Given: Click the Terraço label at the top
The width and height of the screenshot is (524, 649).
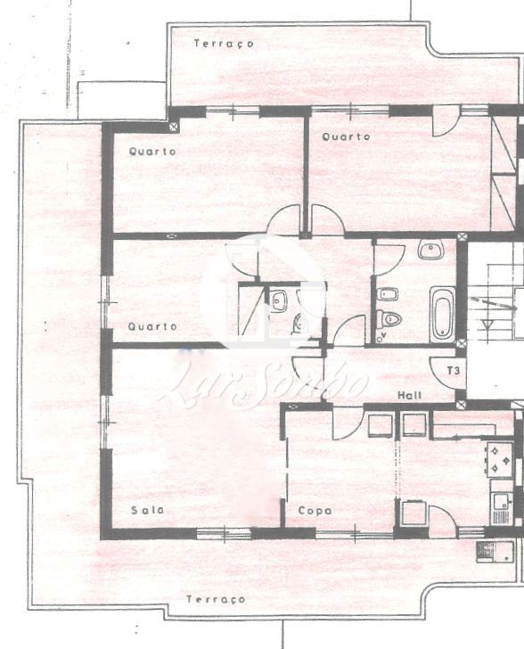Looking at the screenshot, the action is [224, 44].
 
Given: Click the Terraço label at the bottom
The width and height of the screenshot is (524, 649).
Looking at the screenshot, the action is [216, 599].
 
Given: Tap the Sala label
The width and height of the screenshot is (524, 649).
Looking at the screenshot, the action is [147, 510].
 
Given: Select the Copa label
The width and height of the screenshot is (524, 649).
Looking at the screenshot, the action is [315, 511].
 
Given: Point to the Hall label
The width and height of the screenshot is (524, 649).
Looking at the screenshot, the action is [410, 395].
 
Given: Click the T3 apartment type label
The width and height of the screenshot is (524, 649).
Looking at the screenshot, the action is [454, 371].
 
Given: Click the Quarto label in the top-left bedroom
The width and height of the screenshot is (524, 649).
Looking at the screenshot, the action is [152, 152].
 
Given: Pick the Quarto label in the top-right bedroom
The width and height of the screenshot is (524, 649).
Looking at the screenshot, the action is [346, 136].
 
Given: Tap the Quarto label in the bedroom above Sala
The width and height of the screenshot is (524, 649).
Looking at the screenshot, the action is [152, 326].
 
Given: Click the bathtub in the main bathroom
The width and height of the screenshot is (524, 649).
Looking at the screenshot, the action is [442, 314].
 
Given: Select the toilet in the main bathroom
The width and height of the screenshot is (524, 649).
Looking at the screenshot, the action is [389, 319].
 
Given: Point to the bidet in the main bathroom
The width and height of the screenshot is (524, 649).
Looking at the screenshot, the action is [388, 294].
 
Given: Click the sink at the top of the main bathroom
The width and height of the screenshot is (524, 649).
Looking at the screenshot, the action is [430, 250].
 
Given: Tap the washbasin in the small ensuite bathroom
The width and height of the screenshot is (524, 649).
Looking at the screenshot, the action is [278, 300].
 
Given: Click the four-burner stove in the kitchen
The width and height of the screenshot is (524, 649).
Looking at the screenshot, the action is [500, 459].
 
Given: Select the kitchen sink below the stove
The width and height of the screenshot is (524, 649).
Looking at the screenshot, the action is [502, 509].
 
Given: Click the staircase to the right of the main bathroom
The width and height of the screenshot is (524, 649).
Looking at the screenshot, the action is [495, 302].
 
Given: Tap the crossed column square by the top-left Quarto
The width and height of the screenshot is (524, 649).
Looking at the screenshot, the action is [174, 127].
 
